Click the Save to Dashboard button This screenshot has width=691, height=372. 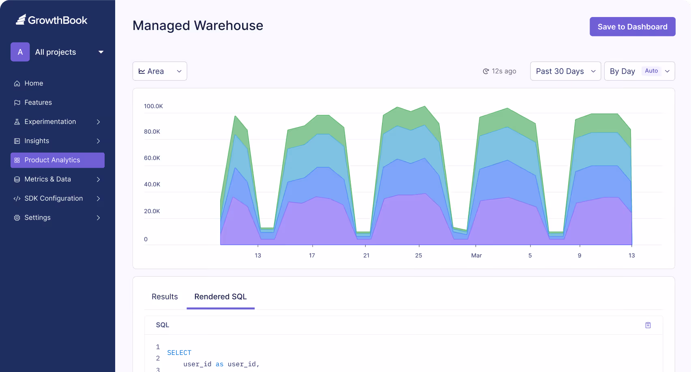632,27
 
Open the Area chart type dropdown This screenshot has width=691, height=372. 159,71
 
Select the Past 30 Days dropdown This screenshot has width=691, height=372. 565,71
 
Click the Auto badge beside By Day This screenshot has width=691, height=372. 651,71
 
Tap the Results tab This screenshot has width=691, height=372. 165,297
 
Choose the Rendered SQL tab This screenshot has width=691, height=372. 220,297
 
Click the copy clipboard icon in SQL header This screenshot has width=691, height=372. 648,325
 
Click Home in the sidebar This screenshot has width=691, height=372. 34,83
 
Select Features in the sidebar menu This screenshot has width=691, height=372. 38,103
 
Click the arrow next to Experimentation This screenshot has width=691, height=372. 98,122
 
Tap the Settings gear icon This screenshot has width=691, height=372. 17,218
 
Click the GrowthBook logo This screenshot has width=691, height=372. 52,20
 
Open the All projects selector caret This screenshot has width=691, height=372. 101,52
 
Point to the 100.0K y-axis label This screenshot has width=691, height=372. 153,106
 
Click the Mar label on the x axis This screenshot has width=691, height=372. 476,256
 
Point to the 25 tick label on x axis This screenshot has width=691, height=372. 418,256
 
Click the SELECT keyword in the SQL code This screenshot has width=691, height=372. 179,353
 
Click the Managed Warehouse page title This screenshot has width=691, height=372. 198,26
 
